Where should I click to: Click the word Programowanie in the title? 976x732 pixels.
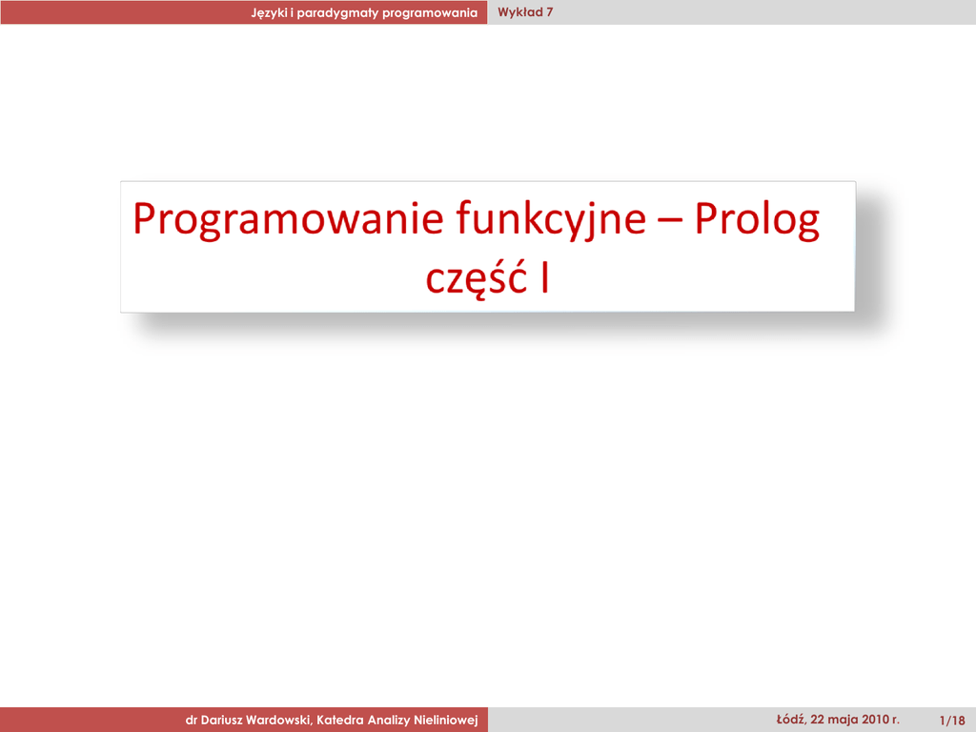288,220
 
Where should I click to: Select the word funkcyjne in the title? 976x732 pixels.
552,220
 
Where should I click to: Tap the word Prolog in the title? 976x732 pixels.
757,220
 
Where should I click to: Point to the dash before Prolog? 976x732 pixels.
670,220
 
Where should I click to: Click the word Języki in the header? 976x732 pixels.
269,13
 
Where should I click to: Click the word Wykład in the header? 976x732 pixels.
519,12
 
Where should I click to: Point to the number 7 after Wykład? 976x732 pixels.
550,12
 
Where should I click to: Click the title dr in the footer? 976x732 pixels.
191,721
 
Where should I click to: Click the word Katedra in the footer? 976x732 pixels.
340,721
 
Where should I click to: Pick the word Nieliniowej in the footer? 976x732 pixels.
446,721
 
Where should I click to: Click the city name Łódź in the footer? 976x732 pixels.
790,720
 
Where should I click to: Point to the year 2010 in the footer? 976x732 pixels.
876,720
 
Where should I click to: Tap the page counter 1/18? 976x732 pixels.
952,721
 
